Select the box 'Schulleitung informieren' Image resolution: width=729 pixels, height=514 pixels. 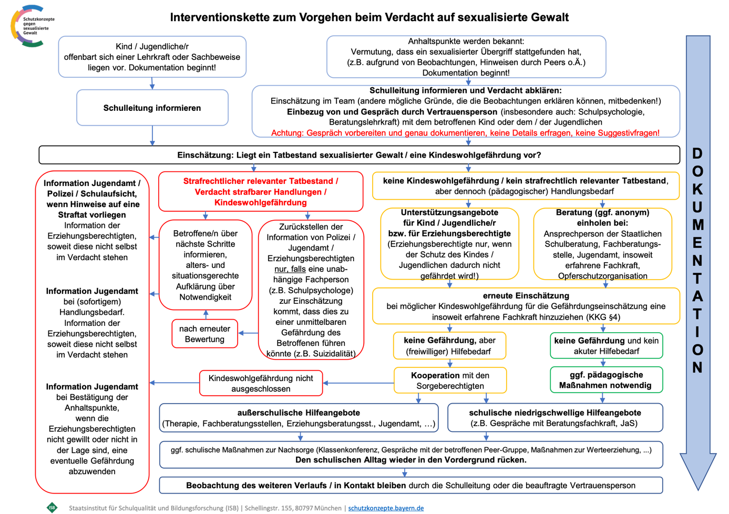pyautogui.click(x=152, y=108)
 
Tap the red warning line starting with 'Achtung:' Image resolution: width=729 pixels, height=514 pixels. pyautogui.click(x=465, y=133)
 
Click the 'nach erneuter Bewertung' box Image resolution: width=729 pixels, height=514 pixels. pyautogui.click(x=204, y=334)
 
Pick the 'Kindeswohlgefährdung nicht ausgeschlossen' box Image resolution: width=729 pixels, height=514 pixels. pyautogui.click(x=261, y=383)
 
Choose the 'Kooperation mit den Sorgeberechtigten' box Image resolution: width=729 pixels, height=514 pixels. pyautogui.click(x=450, y=381)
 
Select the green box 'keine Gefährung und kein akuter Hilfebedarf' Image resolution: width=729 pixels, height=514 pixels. pyautogui.click(x=606, y=346)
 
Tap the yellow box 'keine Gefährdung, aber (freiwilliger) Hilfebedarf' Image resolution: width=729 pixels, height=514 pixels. pyautogui.click(x=449, y=346)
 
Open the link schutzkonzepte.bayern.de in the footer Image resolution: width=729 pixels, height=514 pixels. pyautogui.click(x=386, y=508)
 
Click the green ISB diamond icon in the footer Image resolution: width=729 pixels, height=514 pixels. pyautogui.click(x=52, y=508)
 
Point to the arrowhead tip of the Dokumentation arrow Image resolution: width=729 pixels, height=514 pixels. pyautogui.click(x=698, y=489)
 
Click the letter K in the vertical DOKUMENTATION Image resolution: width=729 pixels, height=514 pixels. pyautogui.click(x=697, y=189)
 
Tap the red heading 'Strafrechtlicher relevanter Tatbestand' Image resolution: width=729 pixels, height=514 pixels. pyautogui.click(x=261, y=181)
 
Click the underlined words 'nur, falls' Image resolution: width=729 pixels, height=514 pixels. pyautogui.click(x=290, y=269)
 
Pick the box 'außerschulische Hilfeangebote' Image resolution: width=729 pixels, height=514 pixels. pyautogui.click(x=299, y=418)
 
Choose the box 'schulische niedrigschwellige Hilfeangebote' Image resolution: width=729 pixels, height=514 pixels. pyautogui.click(x=555, y=418)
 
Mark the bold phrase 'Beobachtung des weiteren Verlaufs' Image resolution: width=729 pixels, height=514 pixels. pyautogui.click(x=295, y=486)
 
